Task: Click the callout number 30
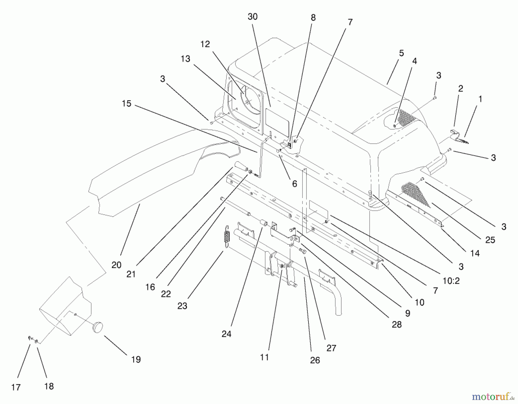tap(252, 17)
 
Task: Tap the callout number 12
tap(205, 44)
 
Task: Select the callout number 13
tap(186, 59)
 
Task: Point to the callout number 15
tap(126, 104)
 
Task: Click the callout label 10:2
tap(451, 281)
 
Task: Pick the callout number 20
tap(116, 265)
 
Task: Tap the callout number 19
tap(136, 359)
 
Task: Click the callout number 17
tap(16, 387)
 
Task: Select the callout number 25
tap(490, 240)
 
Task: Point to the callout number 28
tap(397, 324)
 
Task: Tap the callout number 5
tap(401, 53)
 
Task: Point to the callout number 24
tap(226, 334)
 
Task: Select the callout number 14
tap(475, 253)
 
